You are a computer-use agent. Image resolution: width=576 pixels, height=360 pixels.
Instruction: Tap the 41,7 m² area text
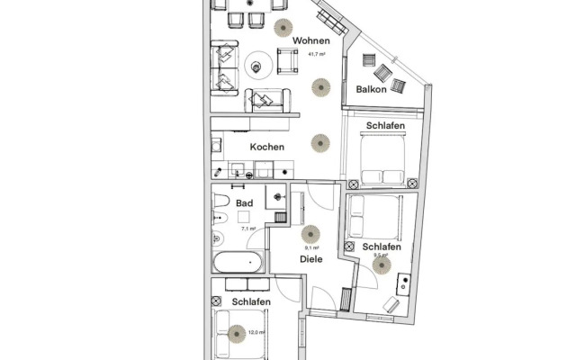(x=316, y=54)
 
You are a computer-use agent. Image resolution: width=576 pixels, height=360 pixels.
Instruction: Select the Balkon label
(x=371, y=90)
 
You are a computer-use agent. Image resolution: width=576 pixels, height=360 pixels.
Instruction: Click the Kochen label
(x=267, y=147)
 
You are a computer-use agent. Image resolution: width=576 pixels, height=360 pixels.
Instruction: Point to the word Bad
(x=244, y=203)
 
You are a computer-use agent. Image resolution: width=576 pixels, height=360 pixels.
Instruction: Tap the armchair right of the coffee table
(x=288, y=61)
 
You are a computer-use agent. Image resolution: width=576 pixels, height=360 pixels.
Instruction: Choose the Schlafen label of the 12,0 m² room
(x=252, y=302)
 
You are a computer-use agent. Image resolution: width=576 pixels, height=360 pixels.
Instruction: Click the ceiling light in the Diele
(x=310, y=234)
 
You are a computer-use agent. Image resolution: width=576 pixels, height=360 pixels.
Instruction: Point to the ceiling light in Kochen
(x=319, y=142)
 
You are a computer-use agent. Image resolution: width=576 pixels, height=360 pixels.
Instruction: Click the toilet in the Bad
(x=216, y=238)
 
